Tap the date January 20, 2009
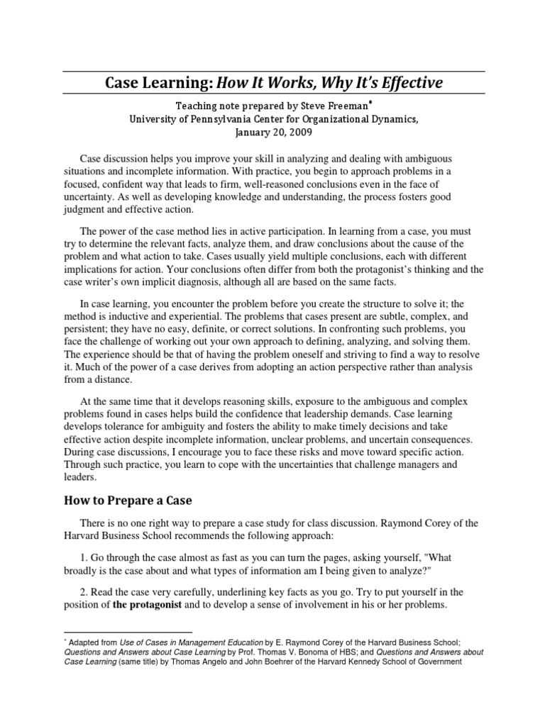pos(272,132)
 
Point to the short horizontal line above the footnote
pos(128,631)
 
